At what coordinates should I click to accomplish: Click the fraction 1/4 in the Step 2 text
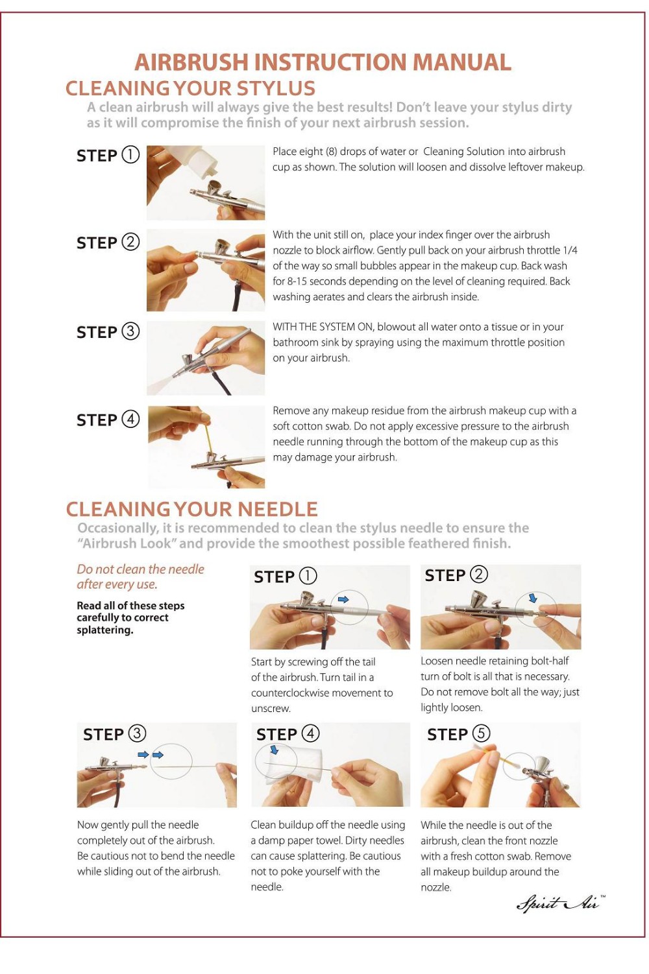pos(570,250)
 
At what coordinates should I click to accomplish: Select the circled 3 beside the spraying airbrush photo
pos(130,331)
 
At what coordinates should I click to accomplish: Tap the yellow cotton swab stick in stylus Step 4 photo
pos(209,436)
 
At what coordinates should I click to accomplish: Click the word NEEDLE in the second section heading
pos(278,509)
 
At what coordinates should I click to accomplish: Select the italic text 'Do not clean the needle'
pos(140,569)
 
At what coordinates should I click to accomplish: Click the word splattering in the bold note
pos(105,630)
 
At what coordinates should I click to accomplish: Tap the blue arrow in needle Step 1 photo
pos(343,599)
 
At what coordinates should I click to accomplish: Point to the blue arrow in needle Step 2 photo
pos(533,598)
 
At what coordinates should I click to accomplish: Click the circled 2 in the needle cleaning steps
pos(479,574)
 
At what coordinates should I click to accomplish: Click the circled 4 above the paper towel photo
pos(310,733)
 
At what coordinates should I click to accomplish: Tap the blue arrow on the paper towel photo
pos(275,749)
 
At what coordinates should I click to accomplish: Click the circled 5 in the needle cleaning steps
pos(481,733)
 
